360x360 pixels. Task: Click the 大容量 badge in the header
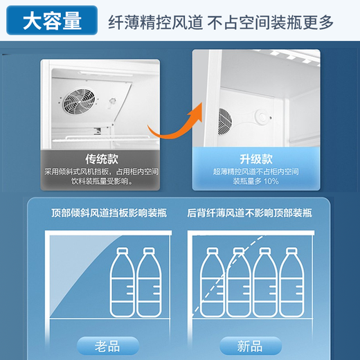tap(51, 21)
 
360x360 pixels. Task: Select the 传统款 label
tap(100, 156)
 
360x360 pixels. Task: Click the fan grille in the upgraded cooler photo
tap(224, 120)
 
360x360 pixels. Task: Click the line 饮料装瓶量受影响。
tap(100, 181)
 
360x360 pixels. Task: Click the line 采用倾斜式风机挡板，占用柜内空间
tap(100, 170)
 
